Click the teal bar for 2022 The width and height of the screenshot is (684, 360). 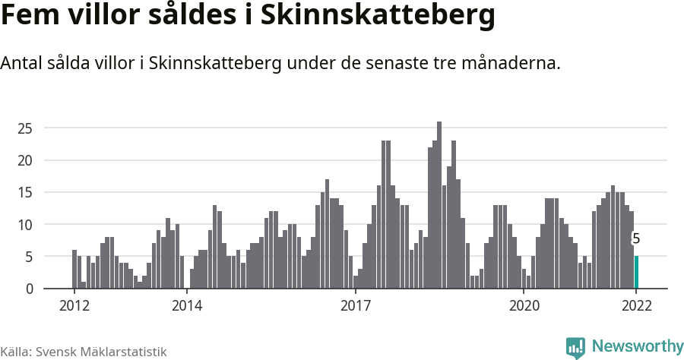(x=636, y=273)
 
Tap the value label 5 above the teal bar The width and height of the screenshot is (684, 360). (x=636, y=238)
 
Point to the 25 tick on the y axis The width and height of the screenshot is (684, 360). (x=25, y=128)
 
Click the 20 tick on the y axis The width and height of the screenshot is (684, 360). (x=25, y=160)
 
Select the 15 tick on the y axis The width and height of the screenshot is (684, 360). (x=25, y=193)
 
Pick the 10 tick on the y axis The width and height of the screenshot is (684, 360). (x=25, y=225)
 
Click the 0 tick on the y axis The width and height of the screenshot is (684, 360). (x=29, y=289)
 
